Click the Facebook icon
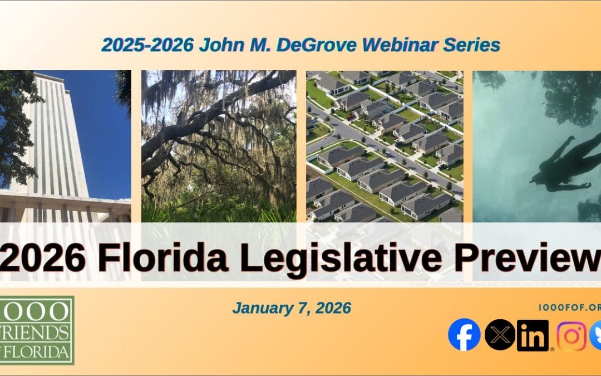(x=464, y=335)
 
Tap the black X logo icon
(x=500, y=335)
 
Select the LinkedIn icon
(x=533, y=335)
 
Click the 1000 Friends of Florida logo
(x=37, y=330)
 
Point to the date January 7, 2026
(x=292, y=308)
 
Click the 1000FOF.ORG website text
(x=570, y=307)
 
